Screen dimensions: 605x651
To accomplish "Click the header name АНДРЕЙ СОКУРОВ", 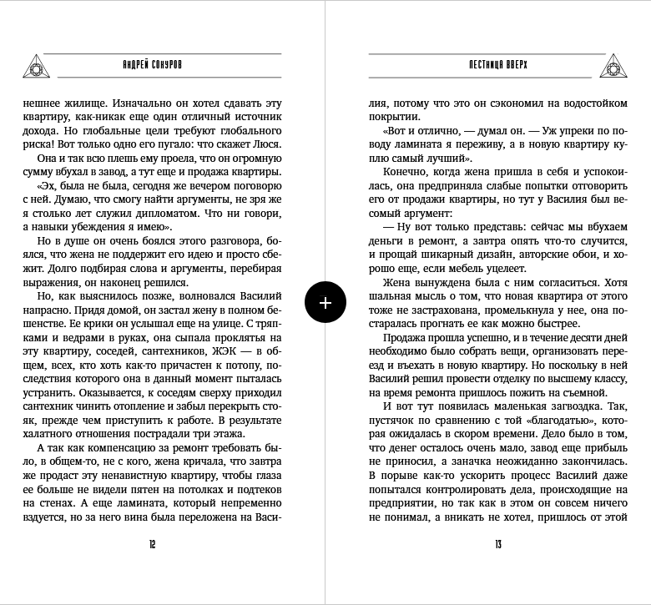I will [x=153, y=63].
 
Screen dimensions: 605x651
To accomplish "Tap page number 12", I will [x=153, y=545].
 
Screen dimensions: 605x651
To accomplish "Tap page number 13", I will [x=497, y=545].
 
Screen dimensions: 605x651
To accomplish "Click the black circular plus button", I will [x=325, y=302].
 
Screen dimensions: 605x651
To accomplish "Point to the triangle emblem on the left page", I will [x=37, y=63].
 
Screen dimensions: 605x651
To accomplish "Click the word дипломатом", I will [x=207, y=213].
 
